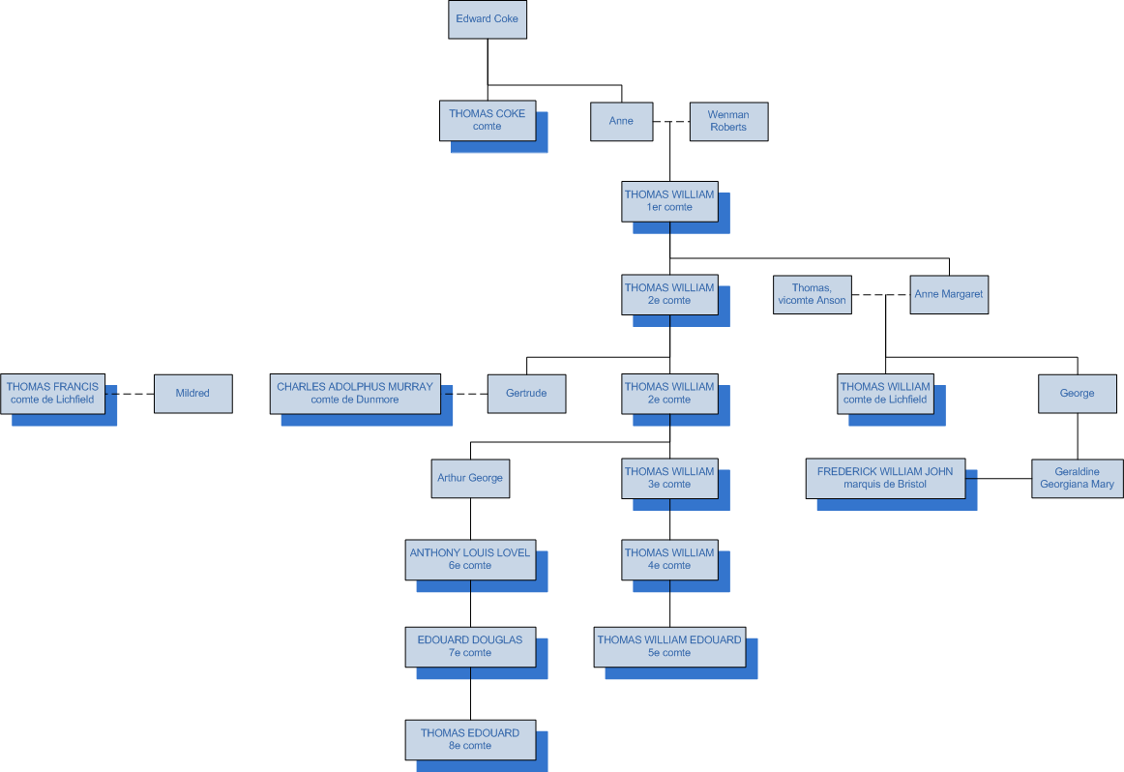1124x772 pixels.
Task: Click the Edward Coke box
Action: [488, 19]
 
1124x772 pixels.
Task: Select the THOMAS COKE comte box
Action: [487, 120]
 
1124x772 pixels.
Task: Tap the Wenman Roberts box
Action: [728, 121]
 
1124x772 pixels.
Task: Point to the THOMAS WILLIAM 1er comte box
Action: [669, 200]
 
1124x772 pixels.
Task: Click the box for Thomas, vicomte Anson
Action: [812, 294]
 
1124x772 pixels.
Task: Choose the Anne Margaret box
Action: [949, 294]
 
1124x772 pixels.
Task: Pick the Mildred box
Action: [192, 394]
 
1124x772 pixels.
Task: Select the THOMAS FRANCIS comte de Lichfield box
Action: [52, 393]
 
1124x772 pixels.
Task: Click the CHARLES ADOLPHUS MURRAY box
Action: [355, 393]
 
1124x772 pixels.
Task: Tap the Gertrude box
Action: [526, 394]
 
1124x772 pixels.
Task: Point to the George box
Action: [1077, 394]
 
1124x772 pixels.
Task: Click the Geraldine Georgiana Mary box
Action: [1077, 478]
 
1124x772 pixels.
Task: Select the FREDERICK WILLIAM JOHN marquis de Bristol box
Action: [885, 478]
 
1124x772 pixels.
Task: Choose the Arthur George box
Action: [470, 478]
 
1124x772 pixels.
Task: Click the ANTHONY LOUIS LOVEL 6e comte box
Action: [470, 559]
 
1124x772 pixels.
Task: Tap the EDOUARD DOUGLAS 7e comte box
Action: [470, 646]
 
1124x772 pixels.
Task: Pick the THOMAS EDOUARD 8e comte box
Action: [470, 739]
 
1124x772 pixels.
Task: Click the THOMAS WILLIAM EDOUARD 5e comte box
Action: [669, 646]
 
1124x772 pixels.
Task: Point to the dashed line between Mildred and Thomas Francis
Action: [130, 394]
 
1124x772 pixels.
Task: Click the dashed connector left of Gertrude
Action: [464, 394]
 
